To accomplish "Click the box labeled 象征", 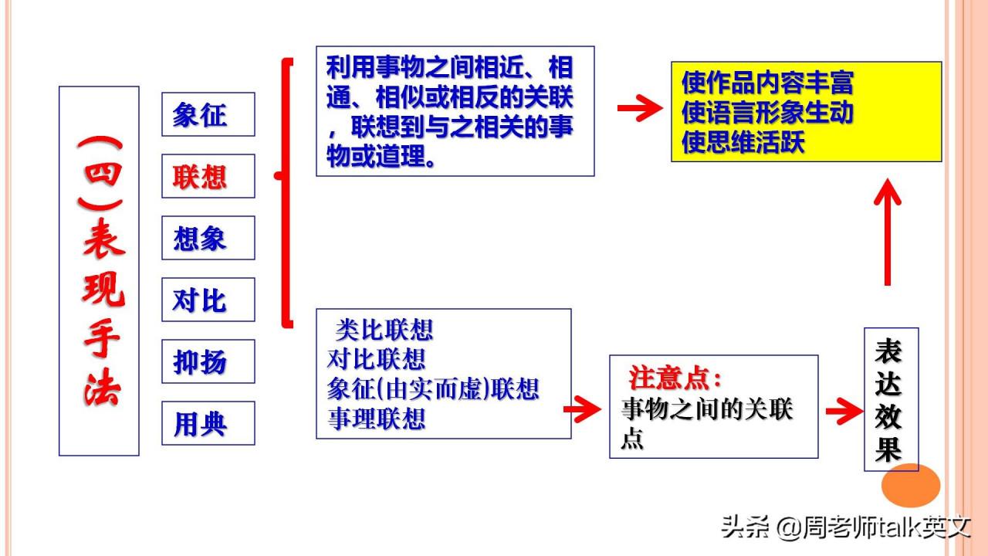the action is pyautogui.click(x=208, y=114).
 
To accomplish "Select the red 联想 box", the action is pyautogui.click(x=208, y=176).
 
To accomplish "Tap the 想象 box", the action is pyautogui.click(x=208, y=238).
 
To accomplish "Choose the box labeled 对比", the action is pyautogui.click(x=208, y=300).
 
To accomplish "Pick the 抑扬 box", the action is pyautogui.click(x=208, y=361).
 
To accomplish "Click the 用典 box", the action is pyautogui.click(x=208, y=423).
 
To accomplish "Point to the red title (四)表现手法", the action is pyautogui.click(x=101, y=271).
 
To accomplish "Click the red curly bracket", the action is pyautogui.click(x=286, y=193).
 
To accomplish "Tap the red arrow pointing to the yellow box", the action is pyautogui.click(x=640, y=107).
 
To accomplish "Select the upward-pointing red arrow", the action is pyautogui.click(x=888, y=232).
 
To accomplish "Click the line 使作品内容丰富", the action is pyautogui.click(x=767, y=83).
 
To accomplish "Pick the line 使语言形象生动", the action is pyautogui.click(x=767, y=112).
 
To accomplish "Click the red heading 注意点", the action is pyautogui.click(x=675, y=378).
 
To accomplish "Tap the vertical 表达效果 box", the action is pyautogui.click(x=892, y=399).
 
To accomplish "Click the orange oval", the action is pyautogui.click(x=911, y=485).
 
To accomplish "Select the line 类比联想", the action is pyautogui.click(x=384, y=330).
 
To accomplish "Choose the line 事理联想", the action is pyautogui.click(x=376, y=419).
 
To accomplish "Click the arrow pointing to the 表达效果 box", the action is pyautogui.click(x=844, y=412).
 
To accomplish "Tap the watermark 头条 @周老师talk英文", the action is pyautogui.click(x=846, y=527).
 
